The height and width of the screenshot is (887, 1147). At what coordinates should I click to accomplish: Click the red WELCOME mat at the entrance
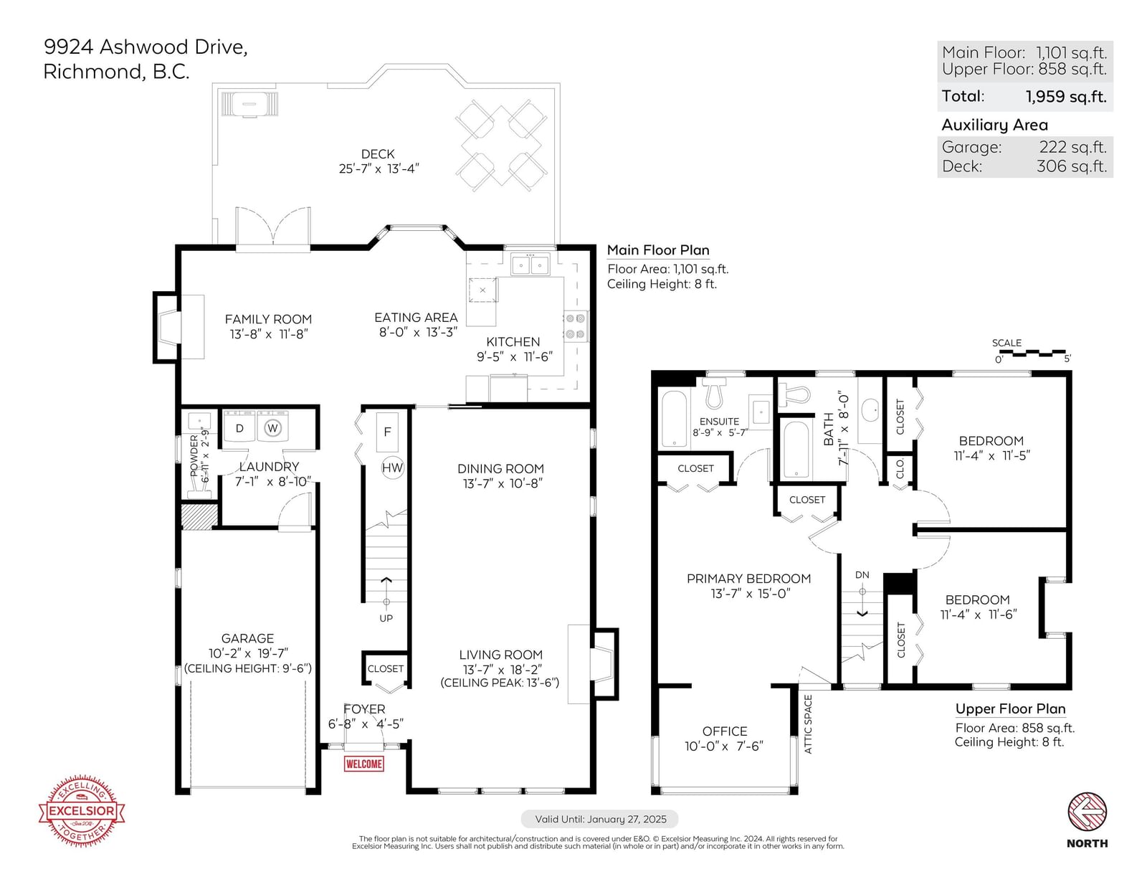(363, 764)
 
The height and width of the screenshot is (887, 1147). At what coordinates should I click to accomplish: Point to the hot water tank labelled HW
(392, 468)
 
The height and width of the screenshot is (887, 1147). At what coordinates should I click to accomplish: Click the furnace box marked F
(387, 432)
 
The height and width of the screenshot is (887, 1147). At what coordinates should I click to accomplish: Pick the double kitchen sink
(530, 263)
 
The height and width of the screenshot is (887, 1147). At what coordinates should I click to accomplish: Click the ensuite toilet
(713, 393)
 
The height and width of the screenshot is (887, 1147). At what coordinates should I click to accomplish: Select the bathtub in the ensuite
(674, 419)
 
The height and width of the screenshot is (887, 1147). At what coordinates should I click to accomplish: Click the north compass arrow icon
(1087, 812)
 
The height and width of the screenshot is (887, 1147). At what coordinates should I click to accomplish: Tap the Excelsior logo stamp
(82, 811)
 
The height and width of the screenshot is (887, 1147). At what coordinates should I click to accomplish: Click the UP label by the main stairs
(386, 618)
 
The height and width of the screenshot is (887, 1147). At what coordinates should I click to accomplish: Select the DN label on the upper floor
(862, 575)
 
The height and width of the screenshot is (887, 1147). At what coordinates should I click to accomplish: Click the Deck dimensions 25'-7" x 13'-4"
(379, 169)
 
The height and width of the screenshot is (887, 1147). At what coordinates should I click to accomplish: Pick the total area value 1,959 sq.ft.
(1066, 96)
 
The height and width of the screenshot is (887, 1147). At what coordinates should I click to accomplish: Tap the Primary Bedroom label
(748, 579)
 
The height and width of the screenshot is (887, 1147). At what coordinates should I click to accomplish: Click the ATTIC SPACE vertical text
(808, 724)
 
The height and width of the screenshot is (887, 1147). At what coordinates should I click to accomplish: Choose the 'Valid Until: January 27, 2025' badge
(599, 819)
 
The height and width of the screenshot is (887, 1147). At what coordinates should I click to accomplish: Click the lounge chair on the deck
(249, 103)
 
